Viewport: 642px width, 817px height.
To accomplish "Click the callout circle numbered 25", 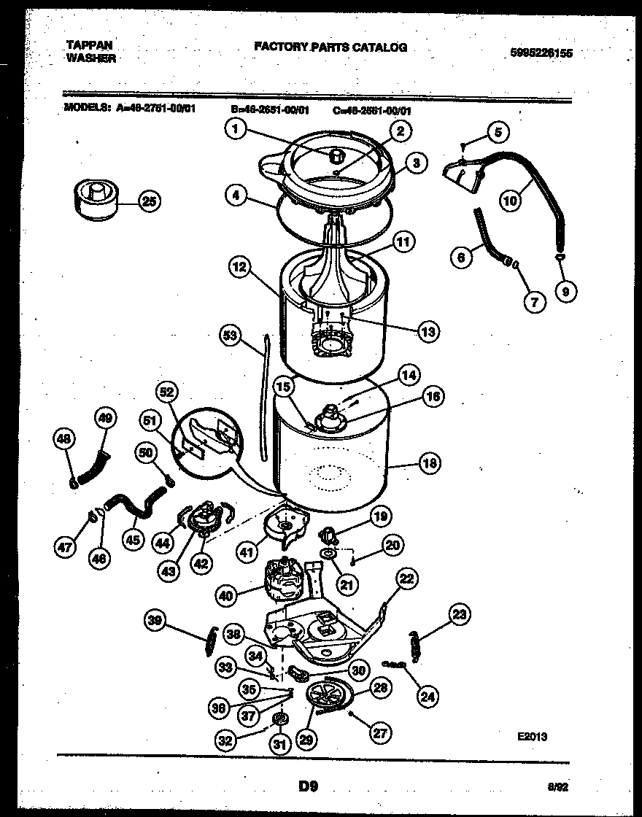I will tap(149, 202).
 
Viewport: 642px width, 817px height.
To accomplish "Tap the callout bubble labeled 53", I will tap(231, 335).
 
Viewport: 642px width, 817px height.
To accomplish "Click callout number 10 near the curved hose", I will tap(511, 199).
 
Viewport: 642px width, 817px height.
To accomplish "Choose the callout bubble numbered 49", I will tap(106, 418).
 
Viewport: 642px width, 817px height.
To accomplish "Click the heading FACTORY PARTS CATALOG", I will tap(330, 47).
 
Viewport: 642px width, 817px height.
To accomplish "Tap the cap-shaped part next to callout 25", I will tap(96, 200).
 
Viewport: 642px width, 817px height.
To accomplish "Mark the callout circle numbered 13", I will tap(427, 331).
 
